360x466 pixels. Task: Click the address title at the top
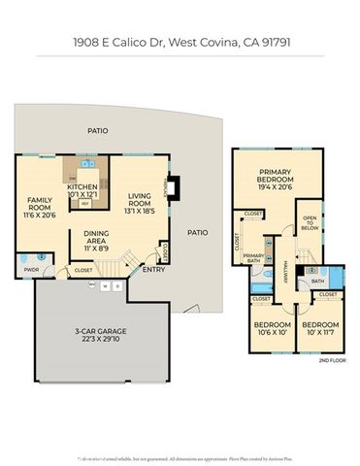pos(180,43)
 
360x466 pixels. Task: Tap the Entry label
pos(153,269)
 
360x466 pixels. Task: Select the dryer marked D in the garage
pos(116,286)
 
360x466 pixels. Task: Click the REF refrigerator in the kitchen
pos(84,204)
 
